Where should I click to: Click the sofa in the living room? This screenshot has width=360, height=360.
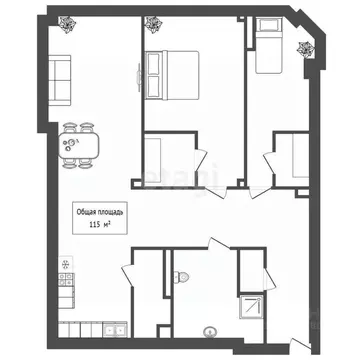point(61,79)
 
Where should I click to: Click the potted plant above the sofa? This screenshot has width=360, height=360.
point(66,24)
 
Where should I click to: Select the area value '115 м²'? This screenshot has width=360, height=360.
point(100,225)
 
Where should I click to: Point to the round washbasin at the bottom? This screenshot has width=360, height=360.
point(210,332)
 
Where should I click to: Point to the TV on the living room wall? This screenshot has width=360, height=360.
point(138,75)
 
